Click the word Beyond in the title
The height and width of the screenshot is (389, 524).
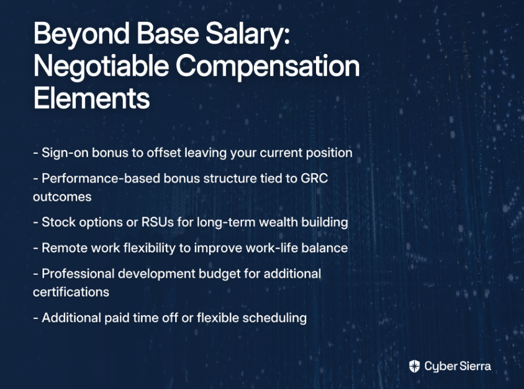(x=82, y=34)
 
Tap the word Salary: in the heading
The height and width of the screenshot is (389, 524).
(x=248, y=34)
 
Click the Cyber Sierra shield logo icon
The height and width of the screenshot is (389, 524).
(x=414, y=366)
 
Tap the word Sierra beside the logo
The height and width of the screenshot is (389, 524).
(x=475, y=366)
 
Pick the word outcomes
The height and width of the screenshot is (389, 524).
(x=62, y=197)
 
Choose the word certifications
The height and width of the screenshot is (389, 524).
(x=71, y=292)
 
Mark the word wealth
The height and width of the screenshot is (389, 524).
(x=278, y=222)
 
